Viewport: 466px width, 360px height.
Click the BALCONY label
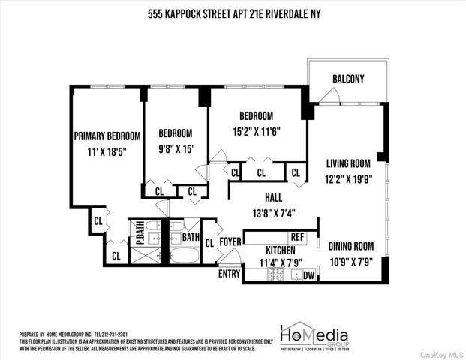pyautogui.click(x=347, y=79)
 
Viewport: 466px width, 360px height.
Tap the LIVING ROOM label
pyautogui.click(x=349, y=163)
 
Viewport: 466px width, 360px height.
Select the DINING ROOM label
pyautogui.click(x=350, y=245)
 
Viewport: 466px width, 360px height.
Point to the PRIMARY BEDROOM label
pyautogui.click(x=107, y=136)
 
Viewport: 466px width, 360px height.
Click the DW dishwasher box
pyautogui.click(x=309, y=275)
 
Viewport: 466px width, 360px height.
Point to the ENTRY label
pyautogui.click(x=229, y=274)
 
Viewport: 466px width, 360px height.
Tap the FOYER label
pyautogui.click(x=230, y=241)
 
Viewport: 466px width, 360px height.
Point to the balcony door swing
pyautogui.click(x=326, y=95)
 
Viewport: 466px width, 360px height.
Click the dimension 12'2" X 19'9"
pyautogui.click(x=349, y=179)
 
